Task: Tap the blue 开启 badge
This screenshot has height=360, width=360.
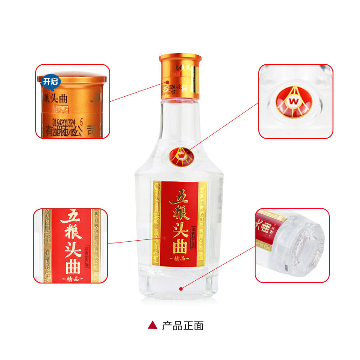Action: [49, 81]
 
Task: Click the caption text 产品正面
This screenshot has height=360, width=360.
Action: [183, 325]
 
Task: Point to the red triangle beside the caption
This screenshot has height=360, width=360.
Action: [153, 325]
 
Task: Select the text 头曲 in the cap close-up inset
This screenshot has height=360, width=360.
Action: [61, 98]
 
